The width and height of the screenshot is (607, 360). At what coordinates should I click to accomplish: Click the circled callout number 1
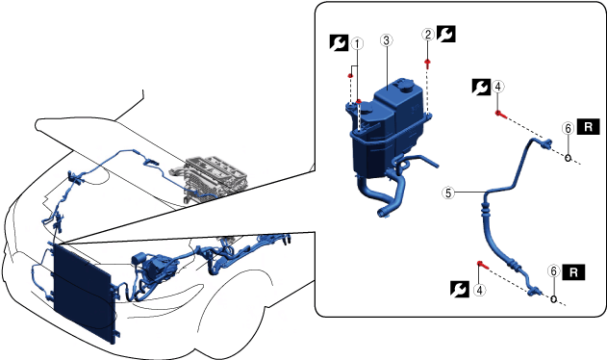tap(357, 43)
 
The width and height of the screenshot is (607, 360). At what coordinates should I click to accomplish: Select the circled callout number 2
tap(428, 35)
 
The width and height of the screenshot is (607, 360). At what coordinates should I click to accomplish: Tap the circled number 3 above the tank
tap(387, 39)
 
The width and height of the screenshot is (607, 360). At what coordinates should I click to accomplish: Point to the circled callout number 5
tap(448, 193)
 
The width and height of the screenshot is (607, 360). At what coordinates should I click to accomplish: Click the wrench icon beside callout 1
tap(340, 43)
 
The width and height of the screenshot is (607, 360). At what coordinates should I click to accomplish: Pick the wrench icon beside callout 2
tap(446, 34)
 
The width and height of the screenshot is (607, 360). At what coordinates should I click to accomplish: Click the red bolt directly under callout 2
tap(427, 64)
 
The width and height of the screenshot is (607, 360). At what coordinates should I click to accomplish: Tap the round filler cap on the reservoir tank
tap(405, 85)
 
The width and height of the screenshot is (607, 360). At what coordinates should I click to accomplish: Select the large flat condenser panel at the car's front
tap(84, 295)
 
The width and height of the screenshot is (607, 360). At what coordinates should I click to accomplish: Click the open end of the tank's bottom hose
tap(382, 213)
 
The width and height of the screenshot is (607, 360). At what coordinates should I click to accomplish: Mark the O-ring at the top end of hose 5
tap(568, 158)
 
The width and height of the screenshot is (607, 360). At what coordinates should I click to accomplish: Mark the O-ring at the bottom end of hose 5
tap(553, 298)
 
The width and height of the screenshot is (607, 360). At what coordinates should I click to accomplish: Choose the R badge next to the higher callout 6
tap(589, 127)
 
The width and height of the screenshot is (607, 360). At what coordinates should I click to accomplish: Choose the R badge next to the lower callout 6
tap(573, 272)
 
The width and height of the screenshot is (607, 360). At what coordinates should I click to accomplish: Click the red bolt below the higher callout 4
tap(501, 115)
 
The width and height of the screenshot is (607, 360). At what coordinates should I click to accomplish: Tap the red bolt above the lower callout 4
tap(483, 265)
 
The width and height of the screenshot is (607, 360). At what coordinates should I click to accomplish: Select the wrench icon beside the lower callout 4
tap(460, 290)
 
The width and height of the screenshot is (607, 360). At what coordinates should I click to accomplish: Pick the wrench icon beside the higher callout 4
tap(481, 88)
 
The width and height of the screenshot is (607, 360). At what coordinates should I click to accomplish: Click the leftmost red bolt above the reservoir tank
tap(350, 76)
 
